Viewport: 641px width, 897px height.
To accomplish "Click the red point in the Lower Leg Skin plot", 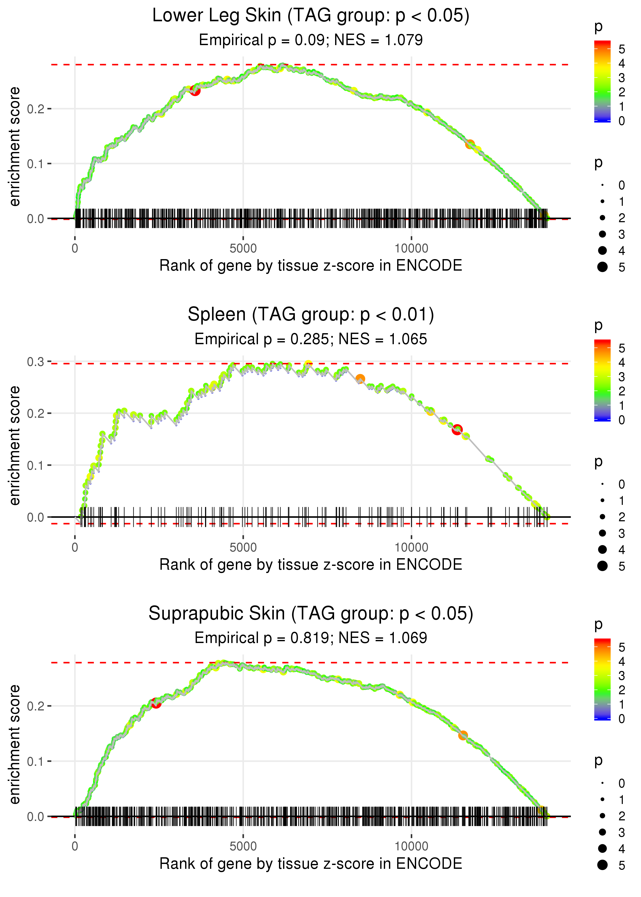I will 195,91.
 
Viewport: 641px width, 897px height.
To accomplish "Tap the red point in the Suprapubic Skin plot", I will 156,703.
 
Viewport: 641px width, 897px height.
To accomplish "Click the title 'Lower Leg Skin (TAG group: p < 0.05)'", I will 311,16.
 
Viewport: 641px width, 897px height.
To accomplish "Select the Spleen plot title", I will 311,315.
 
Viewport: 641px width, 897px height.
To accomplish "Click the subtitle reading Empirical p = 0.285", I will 311,339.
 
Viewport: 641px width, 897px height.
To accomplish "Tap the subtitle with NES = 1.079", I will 311,40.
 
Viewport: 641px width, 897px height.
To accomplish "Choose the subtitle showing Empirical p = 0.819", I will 311,638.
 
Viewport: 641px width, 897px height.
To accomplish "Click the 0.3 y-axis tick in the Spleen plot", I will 36,362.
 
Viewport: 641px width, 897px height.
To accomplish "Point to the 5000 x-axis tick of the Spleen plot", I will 243,547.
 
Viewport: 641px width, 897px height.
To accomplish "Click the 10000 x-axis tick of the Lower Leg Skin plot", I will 411,249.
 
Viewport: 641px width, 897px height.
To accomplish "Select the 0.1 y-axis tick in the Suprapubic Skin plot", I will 36,761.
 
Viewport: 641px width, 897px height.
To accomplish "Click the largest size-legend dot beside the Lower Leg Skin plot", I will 602,267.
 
